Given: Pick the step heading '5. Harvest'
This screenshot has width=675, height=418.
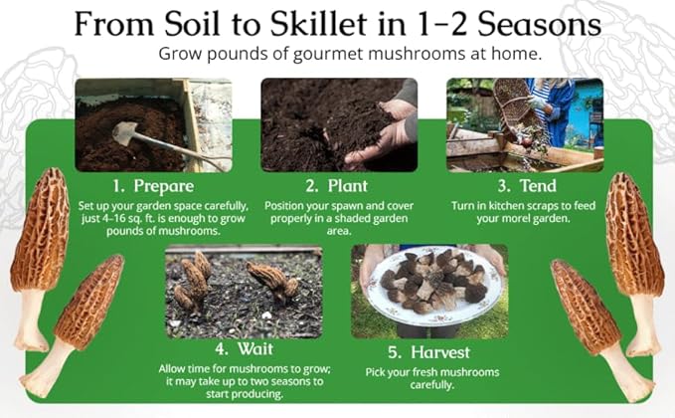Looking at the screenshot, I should pyautogui.click(x=430, y=349).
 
